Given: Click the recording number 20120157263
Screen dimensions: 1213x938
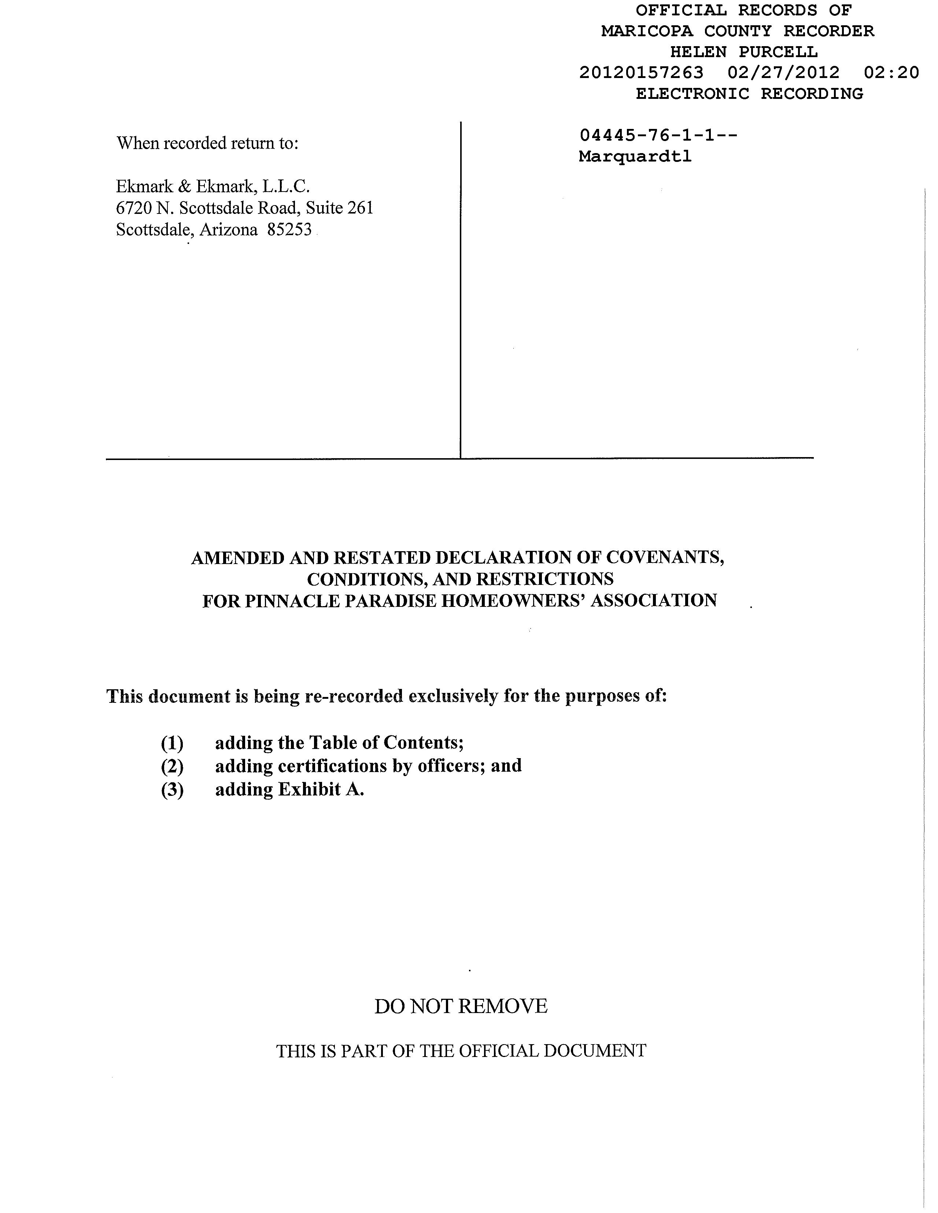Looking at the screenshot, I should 641,73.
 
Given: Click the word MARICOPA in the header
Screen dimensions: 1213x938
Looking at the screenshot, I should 647,31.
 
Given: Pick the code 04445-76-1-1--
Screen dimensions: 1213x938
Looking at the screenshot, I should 658,135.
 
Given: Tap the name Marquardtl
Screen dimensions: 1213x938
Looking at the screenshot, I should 635,157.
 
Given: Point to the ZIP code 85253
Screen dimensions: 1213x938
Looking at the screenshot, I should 289,229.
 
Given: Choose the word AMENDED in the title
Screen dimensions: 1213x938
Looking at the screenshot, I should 238,558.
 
